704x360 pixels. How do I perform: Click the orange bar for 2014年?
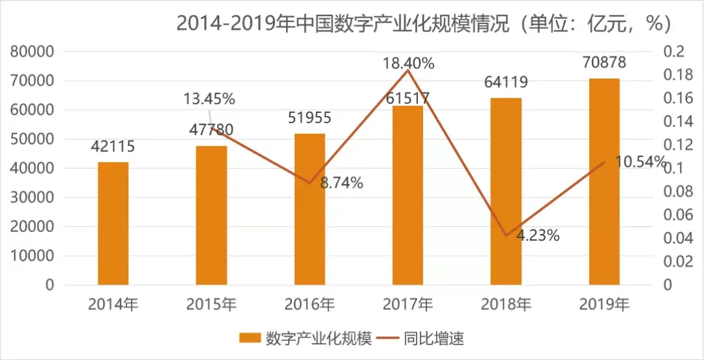[113, 223]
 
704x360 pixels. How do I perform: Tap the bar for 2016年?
[310, 209]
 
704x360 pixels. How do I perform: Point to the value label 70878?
[604, 63]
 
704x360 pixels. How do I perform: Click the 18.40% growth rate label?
[408, 63]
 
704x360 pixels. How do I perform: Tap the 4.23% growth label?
[538, 235]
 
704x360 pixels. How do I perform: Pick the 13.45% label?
[209, 99]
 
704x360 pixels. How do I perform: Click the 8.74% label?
[341, 183]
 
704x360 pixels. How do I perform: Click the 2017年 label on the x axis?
[408, 304]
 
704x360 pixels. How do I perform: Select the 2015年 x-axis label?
[211, 304]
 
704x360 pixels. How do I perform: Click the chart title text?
[424, 23]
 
